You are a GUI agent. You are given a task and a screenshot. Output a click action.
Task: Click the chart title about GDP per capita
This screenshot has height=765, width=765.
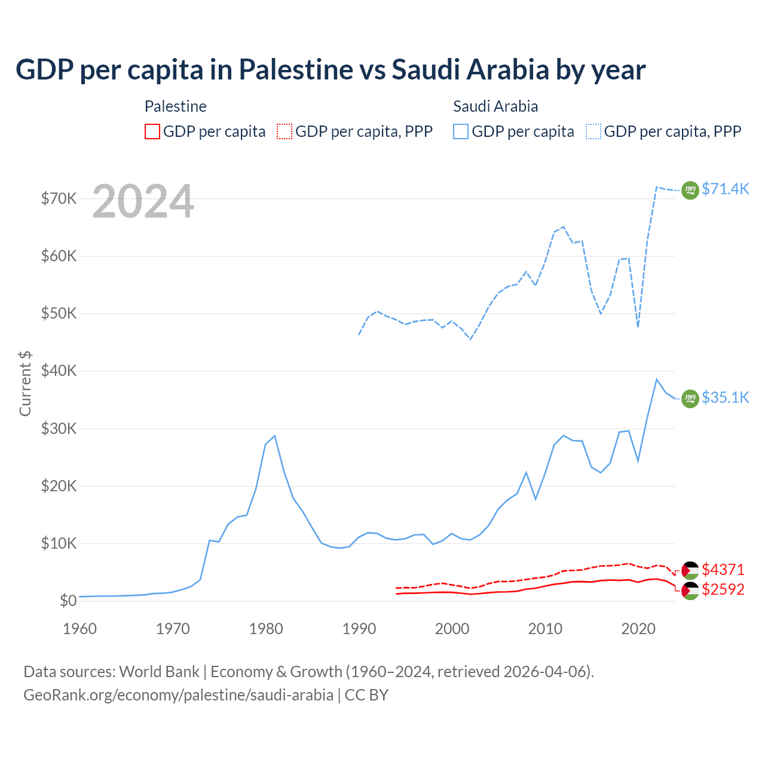tap(331, 69)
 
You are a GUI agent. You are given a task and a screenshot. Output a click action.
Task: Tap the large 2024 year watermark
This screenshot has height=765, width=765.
tap(143, 201)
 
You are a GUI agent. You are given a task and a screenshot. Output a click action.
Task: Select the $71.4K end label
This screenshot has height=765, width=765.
tap(725, 189)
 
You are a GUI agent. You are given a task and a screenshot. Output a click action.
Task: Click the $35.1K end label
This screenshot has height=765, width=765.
tap(725, 397)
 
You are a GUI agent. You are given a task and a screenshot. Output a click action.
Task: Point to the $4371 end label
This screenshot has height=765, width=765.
tap(723, 570)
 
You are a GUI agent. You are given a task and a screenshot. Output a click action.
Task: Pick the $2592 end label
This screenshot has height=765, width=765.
tap(723, 589)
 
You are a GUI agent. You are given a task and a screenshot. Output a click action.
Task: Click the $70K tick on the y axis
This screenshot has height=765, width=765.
tap(59, 198)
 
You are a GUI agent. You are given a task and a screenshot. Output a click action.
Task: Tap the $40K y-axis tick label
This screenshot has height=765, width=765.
tap(59, 371)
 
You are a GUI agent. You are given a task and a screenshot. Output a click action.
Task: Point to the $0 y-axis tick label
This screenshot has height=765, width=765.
tap(68, 601)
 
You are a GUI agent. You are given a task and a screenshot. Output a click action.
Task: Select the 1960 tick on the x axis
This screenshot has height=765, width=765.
tap(79, 629)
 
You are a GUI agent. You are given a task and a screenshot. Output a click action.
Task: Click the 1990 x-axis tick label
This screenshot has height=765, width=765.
tap(359, 629)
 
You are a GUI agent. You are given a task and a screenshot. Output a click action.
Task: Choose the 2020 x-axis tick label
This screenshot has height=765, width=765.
tap(638, 629)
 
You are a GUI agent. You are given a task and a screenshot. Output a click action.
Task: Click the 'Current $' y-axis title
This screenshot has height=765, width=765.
tap(25, 383)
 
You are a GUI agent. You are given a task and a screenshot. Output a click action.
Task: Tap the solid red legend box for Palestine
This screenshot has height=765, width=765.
tap(152, 131)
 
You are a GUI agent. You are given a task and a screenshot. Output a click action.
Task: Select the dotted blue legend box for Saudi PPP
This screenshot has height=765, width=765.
tap(593, 131)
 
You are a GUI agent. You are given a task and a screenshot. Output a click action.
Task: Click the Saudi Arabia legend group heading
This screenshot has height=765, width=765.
tap(495, 106)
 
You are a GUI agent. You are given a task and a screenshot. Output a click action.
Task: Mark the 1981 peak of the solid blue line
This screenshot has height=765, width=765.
tap(274, 436)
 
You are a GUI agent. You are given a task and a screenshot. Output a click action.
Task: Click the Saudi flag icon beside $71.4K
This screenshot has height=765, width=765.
tap(690, 190)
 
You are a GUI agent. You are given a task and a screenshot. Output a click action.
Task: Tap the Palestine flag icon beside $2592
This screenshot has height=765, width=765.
tap(690, 590)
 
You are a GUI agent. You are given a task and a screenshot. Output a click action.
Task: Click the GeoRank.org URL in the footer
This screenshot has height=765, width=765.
tap(178, 695)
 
